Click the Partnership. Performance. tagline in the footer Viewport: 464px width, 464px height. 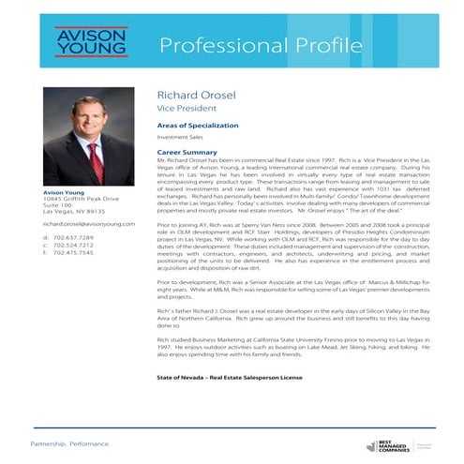pyautogui.click(x=71, y=442)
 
